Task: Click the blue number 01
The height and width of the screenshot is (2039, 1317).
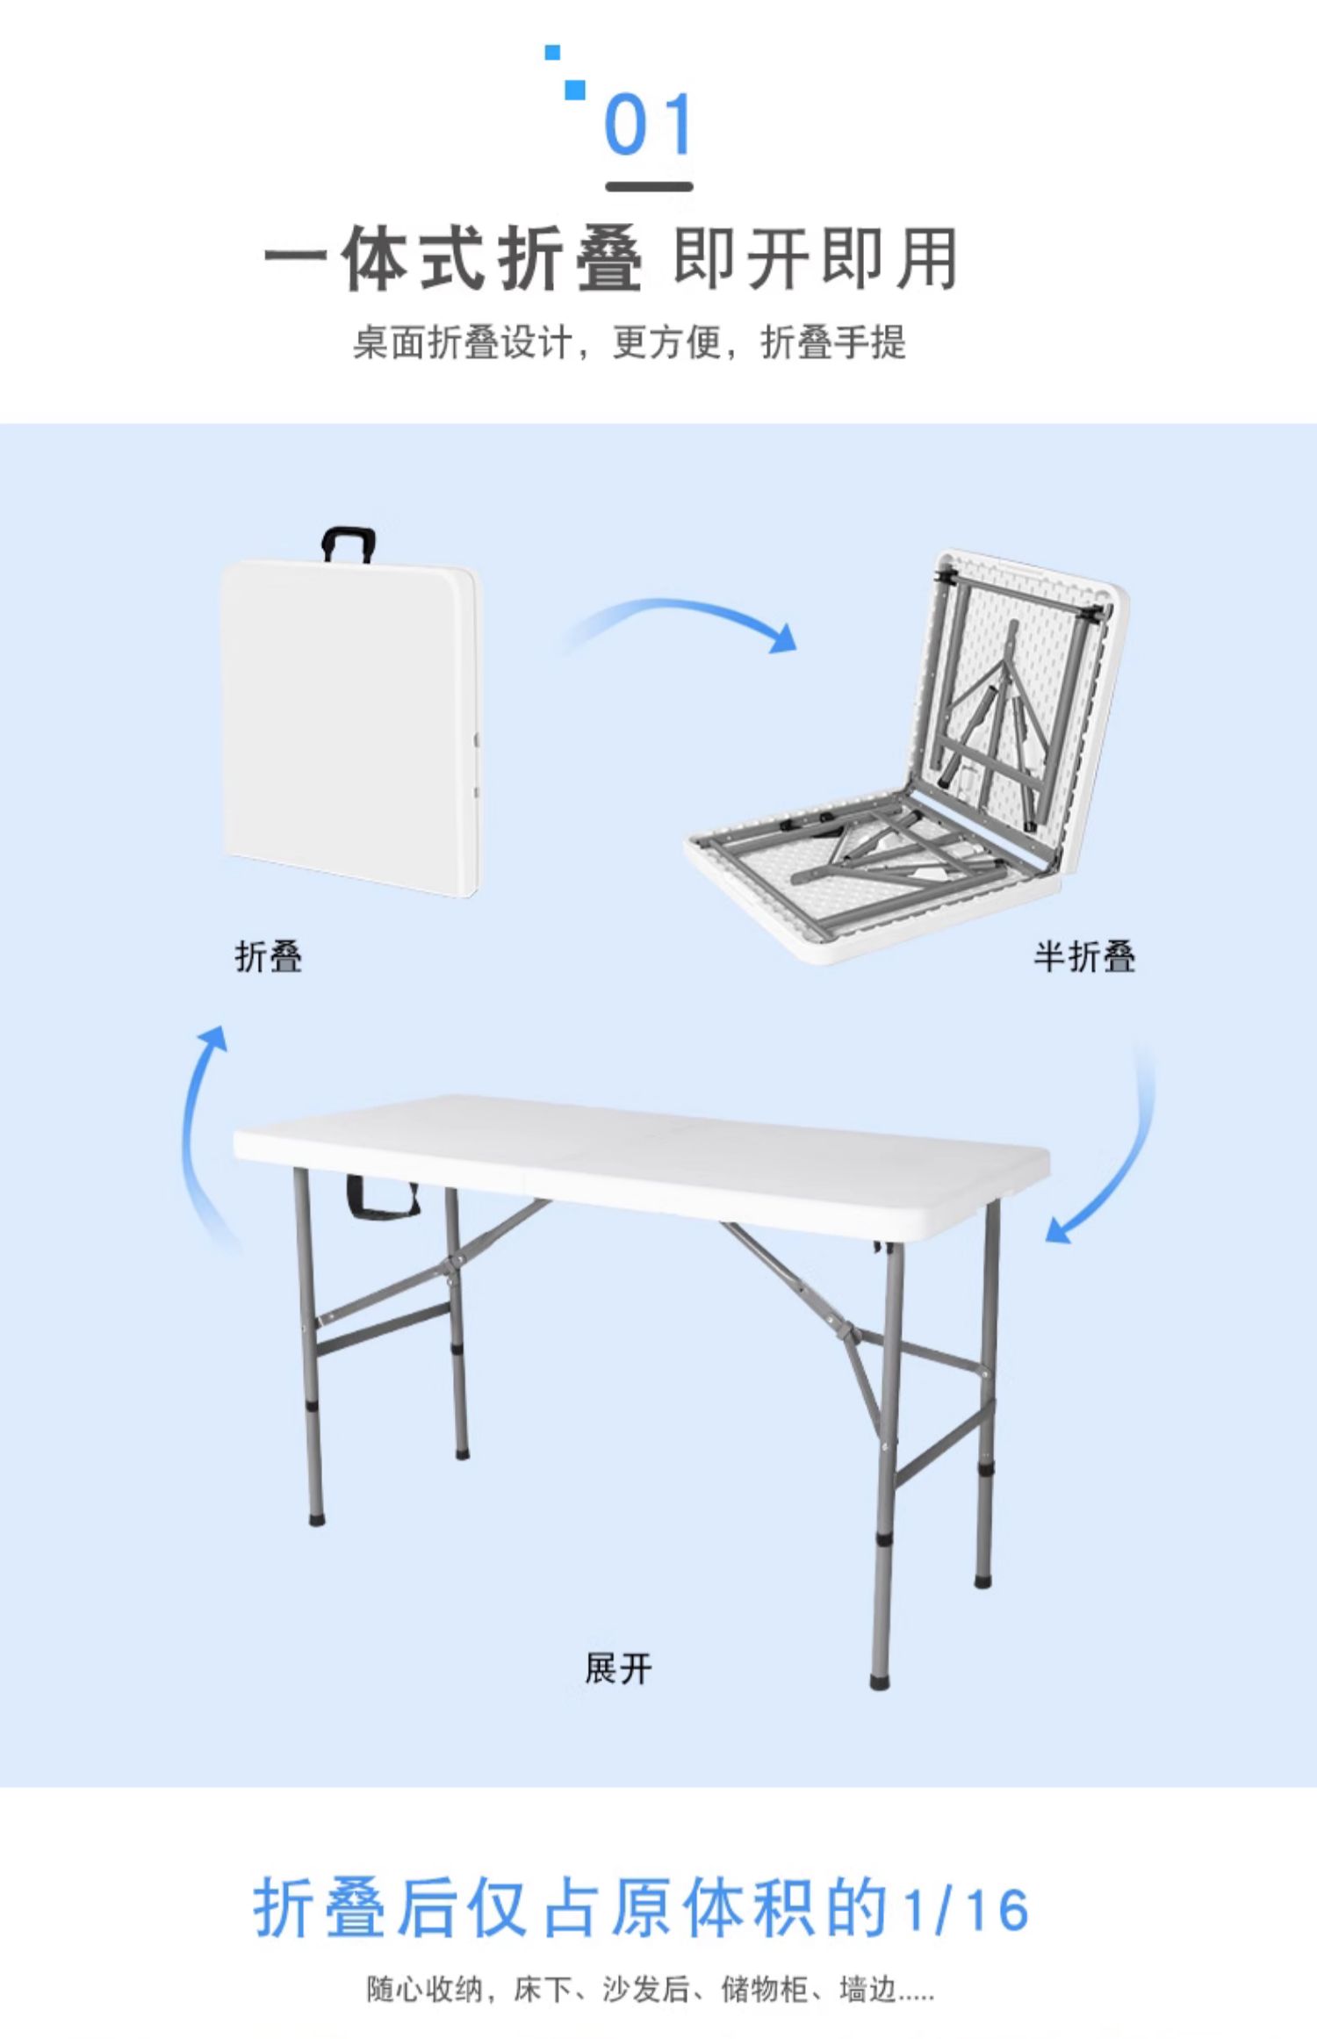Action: click(649, 125)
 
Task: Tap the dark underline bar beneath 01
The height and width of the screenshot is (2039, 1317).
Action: click(649, 186)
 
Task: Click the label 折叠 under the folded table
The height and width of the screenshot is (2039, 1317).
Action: click(269, 956)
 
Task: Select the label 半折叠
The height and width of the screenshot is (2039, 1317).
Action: click(1084, 956)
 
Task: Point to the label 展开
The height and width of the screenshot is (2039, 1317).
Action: click(619, 1668)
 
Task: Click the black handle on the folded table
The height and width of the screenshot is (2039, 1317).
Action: click(349, 542)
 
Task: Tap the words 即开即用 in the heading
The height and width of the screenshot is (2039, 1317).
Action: click(816, 259)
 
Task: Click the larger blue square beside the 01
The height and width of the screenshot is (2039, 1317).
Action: click(575, 90)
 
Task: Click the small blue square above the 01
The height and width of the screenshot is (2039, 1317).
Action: click(552, 53)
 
